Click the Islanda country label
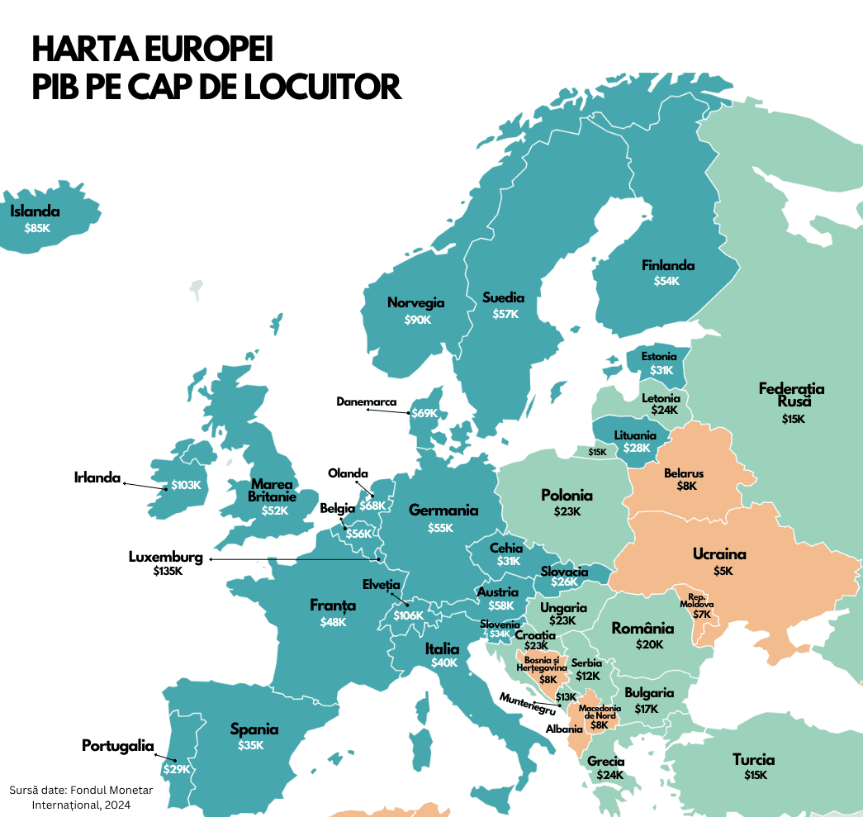point(35,211)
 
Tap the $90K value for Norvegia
point(418,320)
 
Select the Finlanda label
point(668,266)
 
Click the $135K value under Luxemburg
point(168,571)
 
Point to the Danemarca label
point(367,402)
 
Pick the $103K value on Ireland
point(186,485)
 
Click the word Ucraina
point(719,554)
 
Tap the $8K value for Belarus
point(687,487)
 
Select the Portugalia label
point(118,747)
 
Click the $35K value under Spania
point(251,745)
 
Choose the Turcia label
point(753,760)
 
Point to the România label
point(643,629)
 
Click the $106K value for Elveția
point(408,615)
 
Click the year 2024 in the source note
point(117,804)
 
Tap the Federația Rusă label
point(791,395)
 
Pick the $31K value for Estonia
point(661,370)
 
